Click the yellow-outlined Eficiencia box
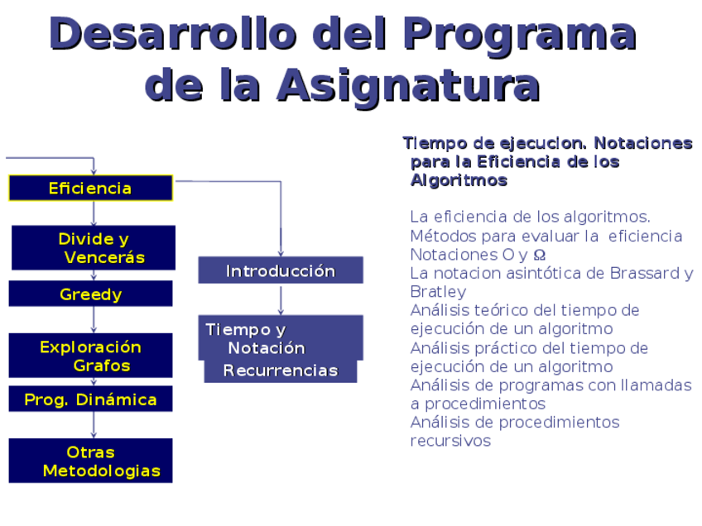pyautogui.click(x=90, y=188)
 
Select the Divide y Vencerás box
pyautogui.click(x=93, y=248)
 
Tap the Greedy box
pyautogui.click(x=90, y=294)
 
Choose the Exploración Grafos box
pyautogui.click(x=90, y=356)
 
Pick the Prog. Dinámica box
pyautogui.click(x=90, y=399)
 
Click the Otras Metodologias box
pyautogui.click(x=90, y=461)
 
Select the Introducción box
pyautogui.click(x=281, y=270)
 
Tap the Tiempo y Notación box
pyautogui.click(x=281, y=337)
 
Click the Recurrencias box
pyautogui.click(x=281, y=371)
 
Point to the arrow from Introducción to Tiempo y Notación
pyautogui.click(x=281, y=300)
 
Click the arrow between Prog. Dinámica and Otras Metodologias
pyautogui.click(x=94, y=425)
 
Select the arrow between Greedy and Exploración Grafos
pyautogui.click(x=94, y=320)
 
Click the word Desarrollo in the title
pyautogui.click(x=173, y=34)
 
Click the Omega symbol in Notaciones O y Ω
pyautogui.click(x=540, y=255)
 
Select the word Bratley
pyautogui.click(x=438, y=292)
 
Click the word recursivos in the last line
pyautogui.click(x=450, y=441)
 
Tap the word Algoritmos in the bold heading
pyautogui.click(x=459, y=180)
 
